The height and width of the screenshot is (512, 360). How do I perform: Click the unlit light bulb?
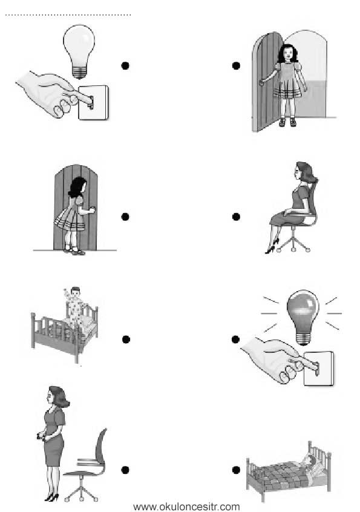coord(79,51)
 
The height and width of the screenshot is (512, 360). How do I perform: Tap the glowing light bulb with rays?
coord(303,316)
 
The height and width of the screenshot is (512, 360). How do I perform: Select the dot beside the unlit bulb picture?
coord(125,65)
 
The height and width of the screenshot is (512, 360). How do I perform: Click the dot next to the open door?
coord(236,65)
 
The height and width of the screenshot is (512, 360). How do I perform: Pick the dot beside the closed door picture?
coord(125,217)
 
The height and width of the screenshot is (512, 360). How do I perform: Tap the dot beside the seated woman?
coord(236,217)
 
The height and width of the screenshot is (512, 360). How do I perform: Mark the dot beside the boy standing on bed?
coord(126,340)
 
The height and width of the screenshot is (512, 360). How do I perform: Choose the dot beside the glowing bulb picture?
coord(235,340)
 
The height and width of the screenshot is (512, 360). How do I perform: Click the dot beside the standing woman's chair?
coord(125,470)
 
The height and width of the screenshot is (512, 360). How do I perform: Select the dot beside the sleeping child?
coord(236,470)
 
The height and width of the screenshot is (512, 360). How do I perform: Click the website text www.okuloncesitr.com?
coord(186,507)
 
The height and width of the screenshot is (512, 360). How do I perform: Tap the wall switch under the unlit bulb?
coord(93,102)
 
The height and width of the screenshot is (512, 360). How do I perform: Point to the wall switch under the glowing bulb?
coord(318,369)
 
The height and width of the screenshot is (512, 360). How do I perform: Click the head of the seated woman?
coord(304,172)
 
